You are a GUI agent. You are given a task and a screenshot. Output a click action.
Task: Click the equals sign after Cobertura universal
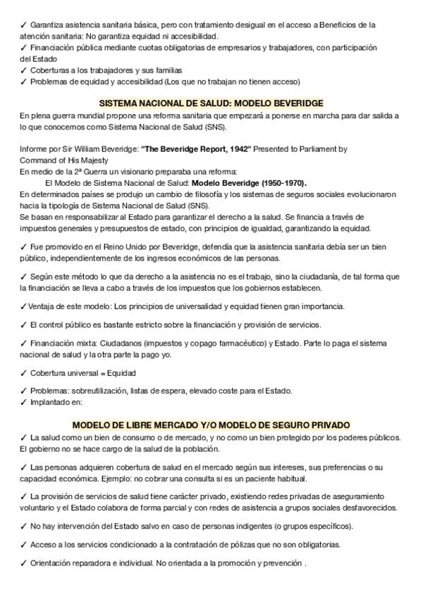[x=95, y=372]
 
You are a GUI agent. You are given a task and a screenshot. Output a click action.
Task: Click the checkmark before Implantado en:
[x=23, y=402]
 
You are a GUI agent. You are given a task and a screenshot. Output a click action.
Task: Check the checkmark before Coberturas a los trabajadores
[x=23, y=70]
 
